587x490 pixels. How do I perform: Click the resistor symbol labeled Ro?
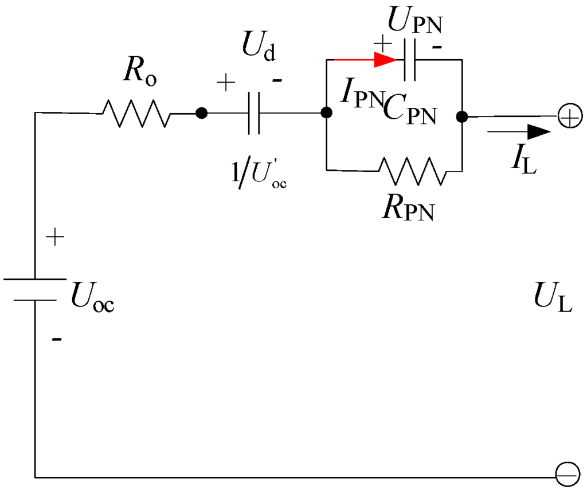[136, 114]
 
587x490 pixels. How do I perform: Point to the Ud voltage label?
[259, 49]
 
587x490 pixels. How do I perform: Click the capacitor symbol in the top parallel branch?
[409, 60]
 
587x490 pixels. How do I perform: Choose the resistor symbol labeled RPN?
[412, 170]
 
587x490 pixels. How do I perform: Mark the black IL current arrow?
[519, 132]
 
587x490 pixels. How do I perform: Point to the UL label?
[551, 300]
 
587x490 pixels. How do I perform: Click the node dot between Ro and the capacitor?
[201, 114]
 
